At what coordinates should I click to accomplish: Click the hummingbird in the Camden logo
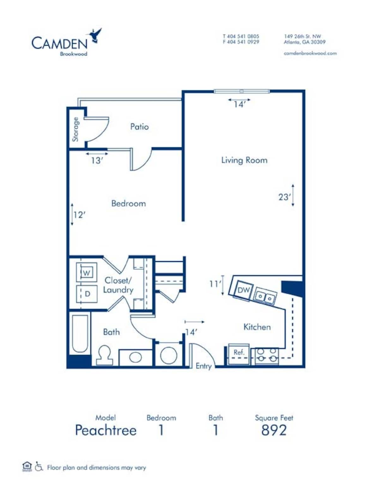[95, 35]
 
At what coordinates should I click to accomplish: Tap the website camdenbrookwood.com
[310, 53]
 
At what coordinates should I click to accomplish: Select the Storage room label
[75, 129]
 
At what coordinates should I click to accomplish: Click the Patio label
[139, 127]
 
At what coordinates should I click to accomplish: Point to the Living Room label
[244, 160]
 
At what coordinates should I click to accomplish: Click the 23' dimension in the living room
[284, 197]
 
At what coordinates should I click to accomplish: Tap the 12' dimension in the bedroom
[79, 215]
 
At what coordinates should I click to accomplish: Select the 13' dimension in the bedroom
[97, 160]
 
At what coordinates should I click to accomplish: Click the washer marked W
[87, 272]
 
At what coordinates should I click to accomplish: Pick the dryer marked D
[87, 294]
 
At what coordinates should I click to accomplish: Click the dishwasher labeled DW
[244, 290]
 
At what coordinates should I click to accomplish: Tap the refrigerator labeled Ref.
[239, 353]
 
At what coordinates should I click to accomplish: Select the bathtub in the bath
[80, 334]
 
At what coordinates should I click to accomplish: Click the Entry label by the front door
[203, 366]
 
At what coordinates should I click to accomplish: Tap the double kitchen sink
[265, 297]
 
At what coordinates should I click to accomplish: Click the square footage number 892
[274, 430]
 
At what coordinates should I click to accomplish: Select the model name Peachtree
[106, 430]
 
